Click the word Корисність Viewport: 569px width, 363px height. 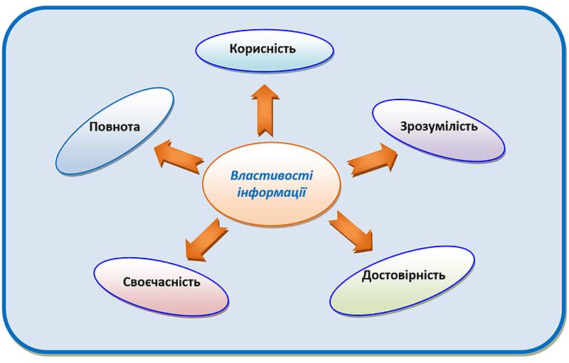(262, 48)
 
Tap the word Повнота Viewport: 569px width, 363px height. (115, 126)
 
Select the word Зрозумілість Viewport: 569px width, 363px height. (439, 126)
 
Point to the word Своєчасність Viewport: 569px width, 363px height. (161, 282)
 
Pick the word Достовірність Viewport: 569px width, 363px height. (403, 276)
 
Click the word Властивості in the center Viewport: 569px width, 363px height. (272, 175)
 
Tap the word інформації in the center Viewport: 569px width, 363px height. (272, 193)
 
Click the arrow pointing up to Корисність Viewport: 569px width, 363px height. (265, 111)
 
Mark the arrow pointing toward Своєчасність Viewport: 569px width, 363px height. (206, 240)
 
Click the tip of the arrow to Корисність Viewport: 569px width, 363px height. (265, 85)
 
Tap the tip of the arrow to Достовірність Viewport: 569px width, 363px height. (372, 251)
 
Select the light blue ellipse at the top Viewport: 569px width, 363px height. (265, 50)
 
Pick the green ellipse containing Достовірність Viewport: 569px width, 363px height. (402, 281)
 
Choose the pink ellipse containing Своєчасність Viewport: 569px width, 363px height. (161, 286)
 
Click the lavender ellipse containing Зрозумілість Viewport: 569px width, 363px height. (438, 131)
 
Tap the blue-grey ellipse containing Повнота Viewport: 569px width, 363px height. (115, 131)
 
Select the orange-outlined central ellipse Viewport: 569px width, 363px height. (272, 185)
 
